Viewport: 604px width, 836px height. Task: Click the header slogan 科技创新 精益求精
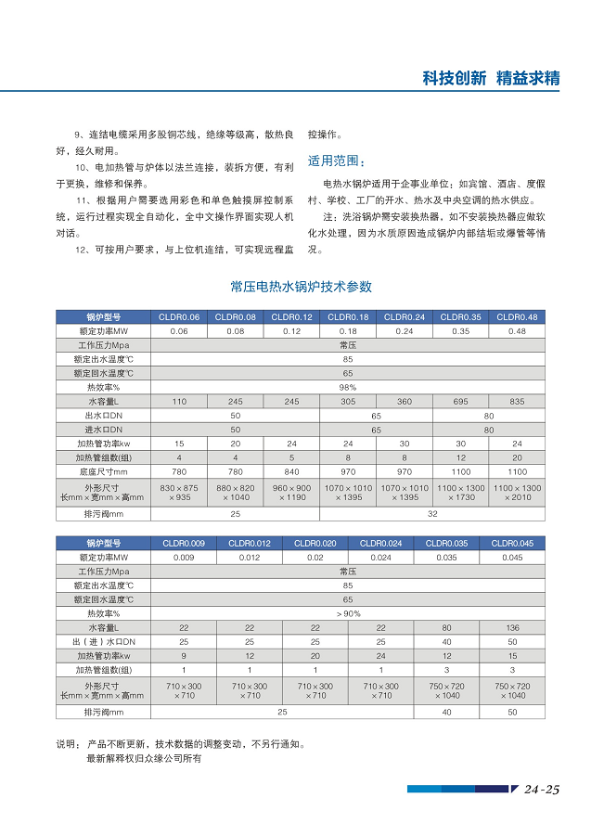(491, 78)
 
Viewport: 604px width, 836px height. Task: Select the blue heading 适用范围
(330, 160)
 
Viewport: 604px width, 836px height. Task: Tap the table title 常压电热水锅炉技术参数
(301, 287)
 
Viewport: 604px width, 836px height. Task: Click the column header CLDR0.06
(179, 316)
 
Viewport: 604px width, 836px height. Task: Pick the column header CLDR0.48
(517, 316)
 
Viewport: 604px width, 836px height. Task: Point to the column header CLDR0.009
(184, 543)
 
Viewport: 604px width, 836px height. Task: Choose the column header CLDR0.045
(512, 543)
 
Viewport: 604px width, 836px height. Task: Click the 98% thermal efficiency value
(348, 387)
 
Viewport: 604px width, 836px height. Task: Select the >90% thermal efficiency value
(348, 613)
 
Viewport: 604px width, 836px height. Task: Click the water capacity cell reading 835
(517, 401)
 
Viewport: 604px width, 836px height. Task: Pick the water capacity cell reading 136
(512, 628)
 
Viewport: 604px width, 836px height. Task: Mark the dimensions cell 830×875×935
(179, 492)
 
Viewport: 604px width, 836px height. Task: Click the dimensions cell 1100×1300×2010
(517, 492)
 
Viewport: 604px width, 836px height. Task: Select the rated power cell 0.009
(184, 558)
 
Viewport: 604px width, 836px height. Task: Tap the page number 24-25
(541, 791)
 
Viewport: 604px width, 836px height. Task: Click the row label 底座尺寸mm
(103, 471)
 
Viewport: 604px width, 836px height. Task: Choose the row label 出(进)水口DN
(103, 642)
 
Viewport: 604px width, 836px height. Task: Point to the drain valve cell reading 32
(432, 513)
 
